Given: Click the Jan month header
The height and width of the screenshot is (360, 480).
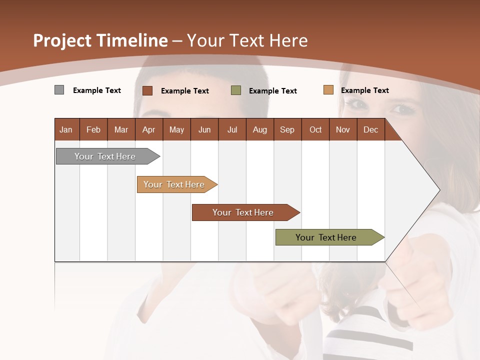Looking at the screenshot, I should pos(66,129).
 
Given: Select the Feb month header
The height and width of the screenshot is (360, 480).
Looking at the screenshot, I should pos(93,129).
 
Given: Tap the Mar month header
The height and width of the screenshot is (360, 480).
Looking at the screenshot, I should pos(121,129).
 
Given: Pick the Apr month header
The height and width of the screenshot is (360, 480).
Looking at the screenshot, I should pos(149,129).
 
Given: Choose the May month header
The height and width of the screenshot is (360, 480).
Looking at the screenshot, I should pos(176,129).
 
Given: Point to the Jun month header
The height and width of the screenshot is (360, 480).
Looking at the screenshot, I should pos(204,129).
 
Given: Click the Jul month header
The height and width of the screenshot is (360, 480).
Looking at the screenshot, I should pos(232,129).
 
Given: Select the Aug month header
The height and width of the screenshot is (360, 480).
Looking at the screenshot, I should pos(260,129).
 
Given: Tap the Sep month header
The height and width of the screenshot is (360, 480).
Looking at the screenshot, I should pos(287,129).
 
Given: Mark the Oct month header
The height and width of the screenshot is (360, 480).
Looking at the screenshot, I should pos(315,129).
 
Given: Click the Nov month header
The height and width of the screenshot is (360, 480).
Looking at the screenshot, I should pos(343,129).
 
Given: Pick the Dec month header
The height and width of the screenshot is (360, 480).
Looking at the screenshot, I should pos(371,129).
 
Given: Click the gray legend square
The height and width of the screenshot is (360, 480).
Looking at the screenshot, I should pos(59,90).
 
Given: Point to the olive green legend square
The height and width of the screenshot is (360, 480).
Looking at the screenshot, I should pos(236,90).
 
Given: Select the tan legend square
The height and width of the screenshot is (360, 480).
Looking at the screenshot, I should pos(328,90).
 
